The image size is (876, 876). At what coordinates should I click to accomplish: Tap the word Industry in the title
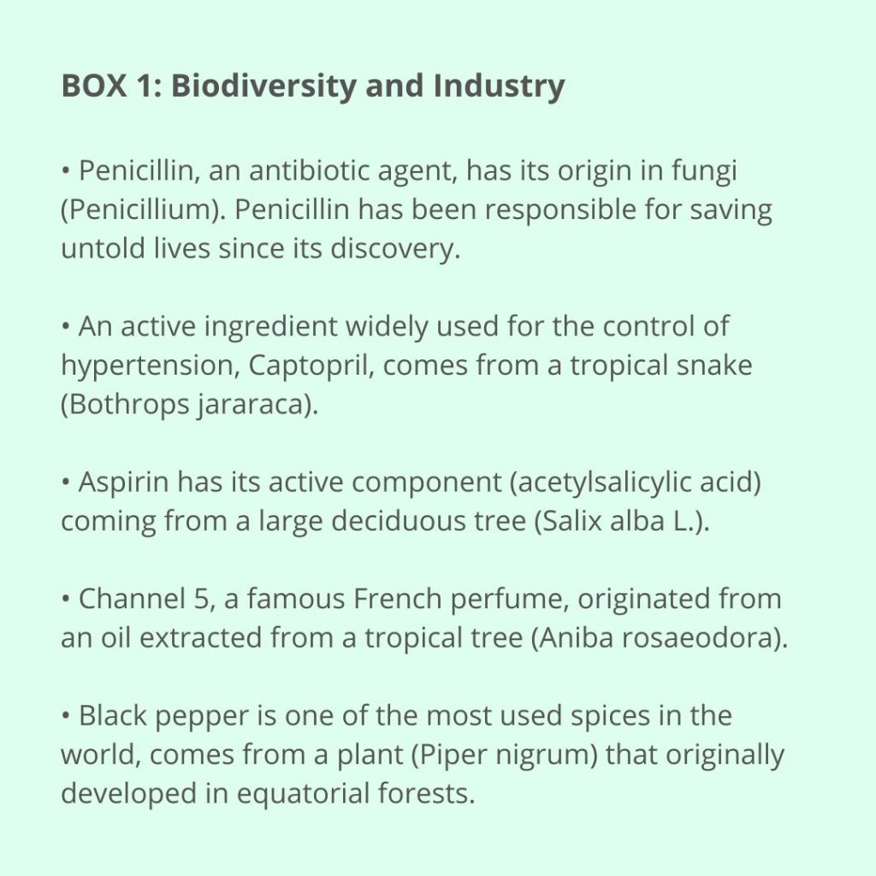coord(499,86)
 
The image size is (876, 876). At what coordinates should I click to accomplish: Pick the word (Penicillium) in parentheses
coord(144,210)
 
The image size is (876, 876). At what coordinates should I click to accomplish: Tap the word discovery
coord(395,249)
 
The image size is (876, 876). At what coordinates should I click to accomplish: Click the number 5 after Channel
coord(202,599)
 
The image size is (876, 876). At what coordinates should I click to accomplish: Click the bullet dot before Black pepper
coord(66,715)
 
